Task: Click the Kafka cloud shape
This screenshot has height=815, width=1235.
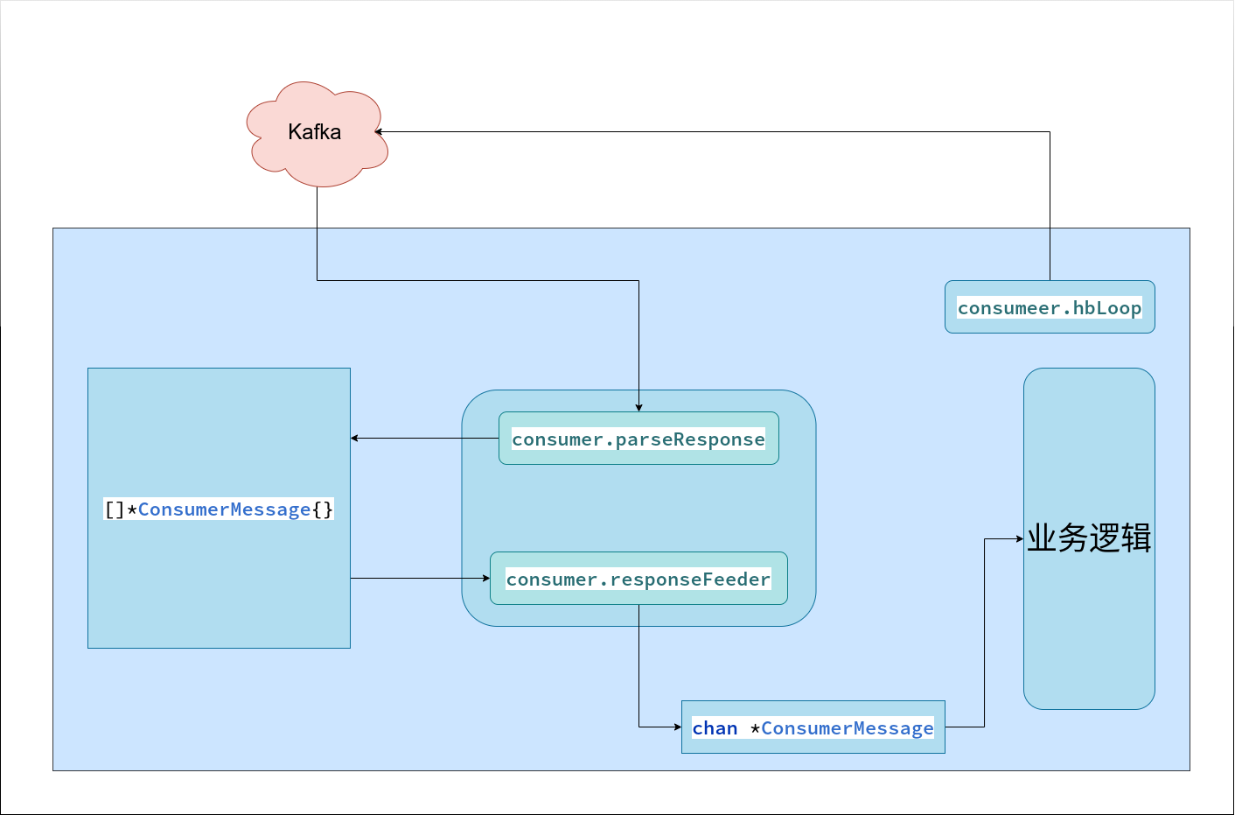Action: tap(317, 134)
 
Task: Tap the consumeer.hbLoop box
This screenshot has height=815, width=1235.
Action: tap(1050, 306)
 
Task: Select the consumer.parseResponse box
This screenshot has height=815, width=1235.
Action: tap(638, 438)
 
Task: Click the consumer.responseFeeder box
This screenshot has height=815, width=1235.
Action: tap(638, 579)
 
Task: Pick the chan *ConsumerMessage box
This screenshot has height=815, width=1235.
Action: tap(813, 727)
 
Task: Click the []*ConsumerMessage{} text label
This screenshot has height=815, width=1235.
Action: tap(219, 509)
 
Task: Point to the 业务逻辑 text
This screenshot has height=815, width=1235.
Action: tap(1089, 538)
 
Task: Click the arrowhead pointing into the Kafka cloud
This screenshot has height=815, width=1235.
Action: tap(378, 132)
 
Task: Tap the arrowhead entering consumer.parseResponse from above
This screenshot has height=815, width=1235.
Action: tap(639, 408)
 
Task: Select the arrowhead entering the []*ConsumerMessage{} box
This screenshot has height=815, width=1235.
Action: tap(354, 438)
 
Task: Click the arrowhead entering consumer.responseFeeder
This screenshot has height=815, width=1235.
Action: tap(486, 579)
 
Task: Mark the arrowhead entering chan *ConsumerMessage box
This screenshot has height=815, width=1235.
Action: tap(678, 727)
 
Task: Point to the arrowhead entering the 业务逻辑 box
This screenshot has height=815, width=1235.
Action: tap(1020, 538)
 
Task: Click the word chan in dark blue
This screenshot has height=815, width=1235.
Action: tap(715, 727)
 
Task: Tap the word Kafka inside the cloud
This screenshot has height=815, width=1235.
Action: tap(314, 132)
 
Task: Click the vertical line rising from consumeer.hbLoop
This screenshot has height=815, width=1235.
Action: tap(1050, 206)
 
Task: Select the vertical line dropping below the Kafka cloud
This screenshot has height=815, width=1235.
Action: tap(317, 234)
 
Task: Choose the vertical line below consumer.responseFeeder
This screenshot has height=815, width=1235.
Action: tap(639, 666)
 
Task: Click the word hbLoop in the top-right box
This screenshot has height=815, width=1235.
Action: tap(1107, 308)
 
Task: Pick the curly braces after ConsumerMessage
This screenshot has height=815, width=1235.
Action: tap(323, 509)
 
